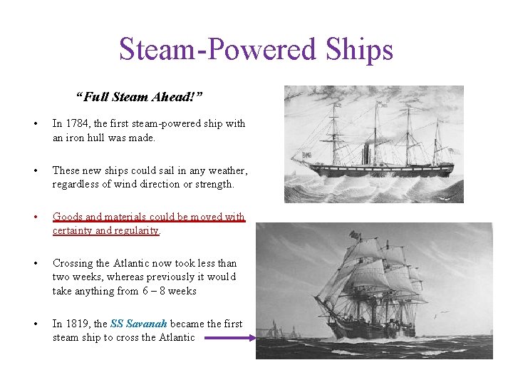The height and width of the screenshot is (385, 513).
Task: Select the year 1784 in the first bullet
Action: (x=77, y=123)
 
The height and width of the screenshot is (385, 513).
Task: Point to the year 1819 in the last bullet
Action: (x=77, y=324)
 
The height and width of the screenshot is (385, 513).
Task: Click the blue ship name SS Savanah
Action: (x=139, y=324)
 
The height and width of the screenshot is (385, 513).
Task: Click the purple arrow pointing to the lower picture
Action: (x=229, y=339)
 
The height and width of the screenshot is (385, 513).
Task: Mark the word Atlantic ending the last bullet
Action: (x=176, y=337)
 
